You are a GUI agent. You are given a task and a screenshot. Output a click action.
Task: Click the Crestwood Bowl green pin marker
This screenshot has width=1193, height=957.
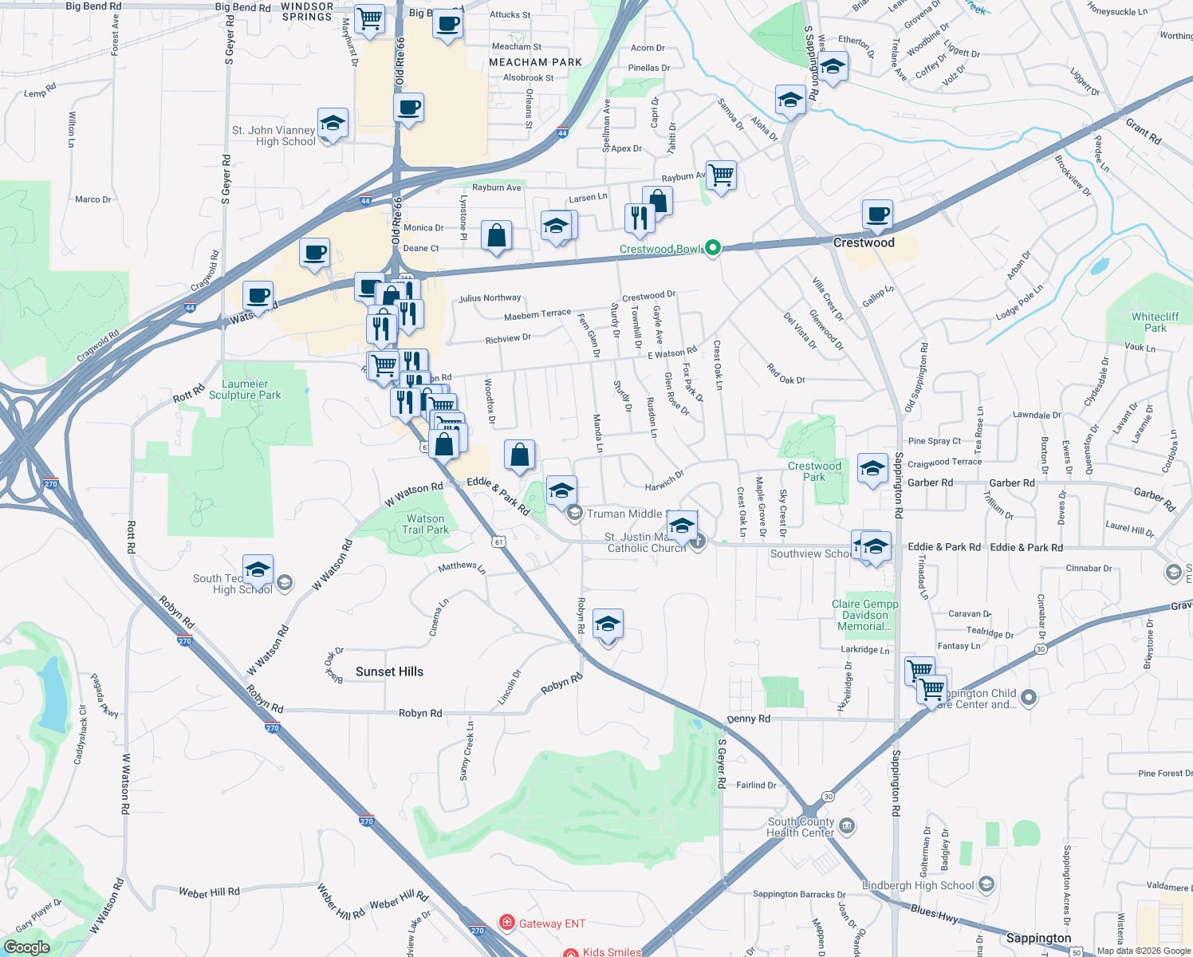[x=713, y=248]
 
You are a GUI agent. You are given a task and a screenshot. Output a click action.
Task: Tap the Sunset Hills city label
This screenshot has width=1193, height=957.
[x=389, y=671]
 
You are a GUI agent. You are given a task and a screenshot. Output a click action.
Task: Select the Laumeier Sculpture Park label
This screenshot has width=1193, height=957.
[x=245, y=389]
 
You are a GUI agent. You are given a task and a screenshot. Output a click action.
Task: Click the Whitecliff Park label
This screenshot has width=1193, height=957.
[x=1155, y=322]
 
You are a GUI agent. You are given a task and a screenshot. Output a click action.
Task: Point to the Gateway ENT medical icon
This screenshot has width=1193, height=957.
[x=506, y=923]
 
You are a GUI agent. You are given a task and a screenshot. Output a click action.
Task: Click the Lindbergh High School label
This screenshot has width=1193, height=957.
[x=918, y=885]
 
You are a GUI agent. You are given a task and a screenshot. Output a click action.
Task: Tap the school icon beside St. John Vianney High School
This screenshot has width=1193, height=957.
[x=333, y=124]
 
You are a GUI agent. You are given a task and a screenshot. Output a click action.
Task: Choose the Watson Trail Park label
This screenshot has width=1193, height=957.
[x=425, y=524]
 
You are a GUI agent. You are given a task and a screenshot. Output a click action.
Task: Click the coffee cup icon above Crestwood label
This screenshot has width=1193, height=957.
[x=877, y=215]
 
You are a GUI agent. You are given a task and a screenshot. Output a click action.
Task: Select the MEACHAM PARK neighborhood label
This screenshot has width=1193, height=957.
[x=535, y=62]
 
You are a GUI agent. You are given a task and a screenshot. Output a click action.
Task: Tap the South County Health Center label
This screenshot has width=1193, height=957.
[x=801, y=827]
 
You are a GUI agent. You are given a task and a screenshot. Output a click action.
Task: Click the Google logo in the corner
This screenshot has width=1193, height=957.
[x=27, y=947]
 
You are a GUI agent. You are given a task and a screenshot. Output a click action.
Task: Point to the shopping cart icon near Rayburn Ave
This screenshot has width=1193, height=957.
[x=721, y=175]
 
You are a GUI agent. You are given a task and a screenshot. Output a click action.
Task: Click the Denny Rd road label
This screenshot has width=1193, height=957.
[x=748, y=719]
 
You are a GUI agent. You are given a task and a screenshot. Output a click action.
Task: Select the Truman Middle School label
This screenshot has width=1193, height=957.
[x=624, y=514]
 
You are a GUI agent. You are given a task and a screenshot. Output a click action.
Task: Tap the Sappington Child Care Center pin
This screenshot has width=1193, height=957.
[x=1029, y=698]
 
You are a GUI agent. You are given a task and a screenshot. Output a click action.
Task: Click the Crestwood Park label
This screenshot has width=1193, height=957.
[x=814, y=471]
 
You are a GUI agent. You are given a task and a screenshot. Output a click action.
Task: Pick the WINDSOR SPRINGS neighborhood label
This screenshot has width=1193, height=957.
[x=307, y=11]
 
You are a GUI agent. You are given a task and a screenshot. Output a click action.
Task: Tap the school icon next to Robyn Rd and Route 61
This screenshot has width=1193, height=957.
[x=608, y=625]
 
